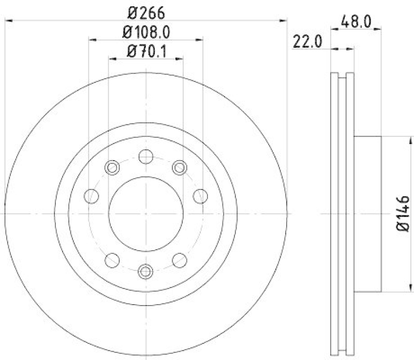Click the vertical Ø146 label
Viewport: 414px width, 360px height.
404,213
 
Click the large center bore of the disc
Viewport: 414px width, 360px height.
146,213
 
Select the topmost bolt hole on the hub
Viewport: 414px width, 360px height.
146,155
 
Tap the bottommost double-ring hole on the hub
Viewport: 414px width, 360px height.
146,270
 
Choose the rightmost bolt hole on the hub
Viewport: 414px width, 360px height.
200,196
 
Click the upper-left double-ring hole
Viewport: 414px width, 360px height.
112,167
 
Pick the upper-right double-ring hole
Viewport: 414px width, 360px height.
180,167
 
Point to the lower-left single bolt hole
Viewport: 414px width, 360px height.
112,259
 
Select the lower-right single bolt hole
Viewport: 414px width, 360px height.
180,259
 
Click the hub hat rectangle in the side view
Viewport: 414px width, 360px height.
367,213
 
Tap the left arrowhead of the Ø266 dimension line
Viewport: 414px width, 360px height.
8,20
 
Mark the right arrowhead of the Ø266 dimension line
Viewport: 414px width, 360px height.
283,20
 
